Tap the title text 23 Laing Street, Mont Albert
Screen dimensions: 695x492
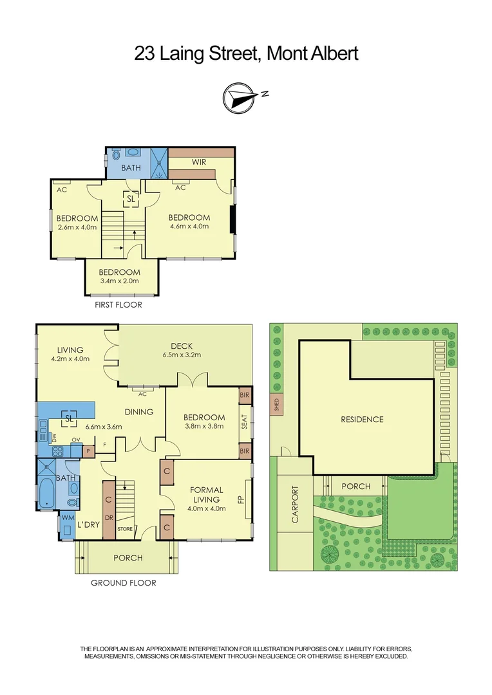[x=246, y=53]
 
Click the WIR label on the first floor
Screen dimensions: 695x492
[x=199, y=162]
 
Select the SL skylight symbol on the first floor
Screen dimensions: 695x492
[x=131, y=199]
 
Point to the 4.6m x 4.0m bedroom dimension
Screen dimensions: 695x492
[x=189, y=227]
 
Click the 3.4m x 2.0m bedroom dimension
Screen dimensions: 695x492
[x=122, y=281]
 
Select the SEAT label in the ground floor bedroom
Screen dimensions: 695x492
[x=244, y=422]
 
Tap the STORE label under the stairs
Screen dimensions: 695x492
[x=124, y=530]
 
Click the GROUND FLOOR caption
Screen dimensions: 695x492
[x=123, y=583]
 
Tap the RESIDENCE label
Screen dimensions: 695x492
[x=362, y=420]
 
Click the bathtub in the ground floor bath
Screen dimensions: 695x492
[x=48, y=493]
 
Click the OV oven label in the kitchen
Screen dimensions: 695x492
[x=75, y=440]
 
